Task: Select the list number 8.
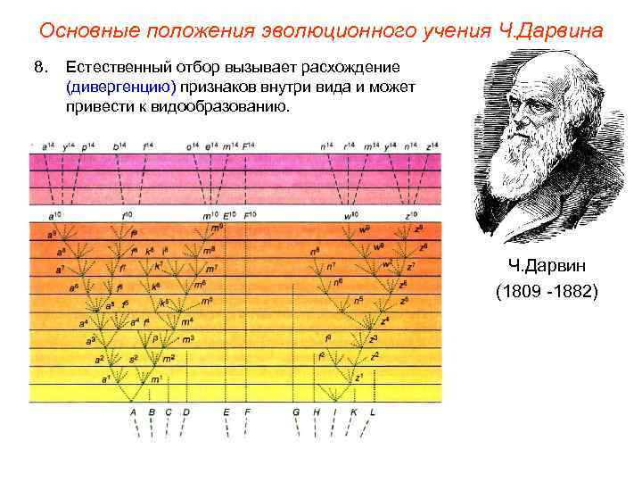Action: (x=38, y=70)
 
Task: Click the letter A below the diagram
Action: (x=134, y=411)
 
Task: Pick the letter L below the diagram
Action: (x=373, y=411)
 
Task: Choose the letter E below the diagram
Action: (x=226, y=411)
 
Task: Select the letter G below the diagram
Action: (x=296, y=411)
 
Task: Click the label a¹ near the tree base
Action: (x=105, y=378)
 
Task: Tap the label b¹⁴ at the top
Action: (x=118, y=145)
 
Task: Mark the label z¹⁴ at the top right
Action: (x=432, y=145)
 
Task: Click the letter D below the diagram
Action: (x=185, y=411)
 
